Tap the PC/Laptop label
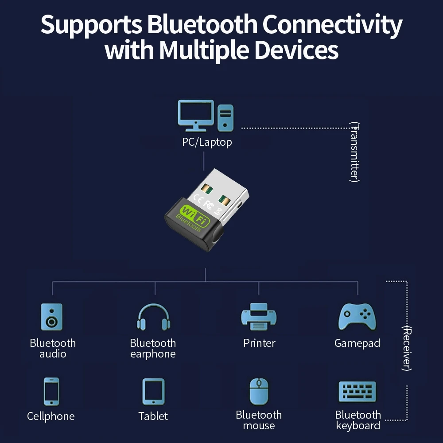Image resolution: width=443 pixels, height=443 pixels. pos(207,142)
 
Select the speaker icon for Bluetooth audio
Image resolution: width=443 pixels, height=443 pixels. pos(52,317)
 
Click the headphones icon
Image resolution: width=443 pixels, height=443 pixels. pos(153,317)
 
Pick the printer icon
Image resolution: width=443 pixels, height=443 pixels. pos(259,317)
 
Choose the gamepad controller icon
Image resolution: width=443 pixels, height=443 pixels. pos(358,317)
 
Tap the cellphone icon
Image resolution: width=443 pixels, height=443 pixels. pos(51,392)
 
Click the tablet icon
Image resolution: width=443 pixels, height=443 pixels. pos(153,392)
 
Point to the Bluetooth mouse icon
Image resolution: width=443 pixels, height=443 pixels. pos(259,392)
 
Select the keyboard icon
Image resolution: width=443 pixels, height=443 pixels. pos(358,392)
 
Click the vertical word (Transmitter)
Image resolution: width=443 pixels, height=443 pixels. pos(354,152)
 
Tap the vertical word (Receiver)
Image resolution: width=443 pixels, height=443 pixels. pos(407,348)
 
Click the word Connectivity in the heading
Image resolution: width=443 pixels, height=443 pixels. pos(332,25)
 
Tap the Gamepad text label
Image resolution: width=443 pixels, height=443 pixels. pos(357,343)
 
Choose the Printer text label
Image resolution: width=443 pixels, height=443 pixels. pos(259,343)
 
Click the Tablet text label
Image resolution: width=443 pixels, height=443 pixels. pos(153,416)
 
